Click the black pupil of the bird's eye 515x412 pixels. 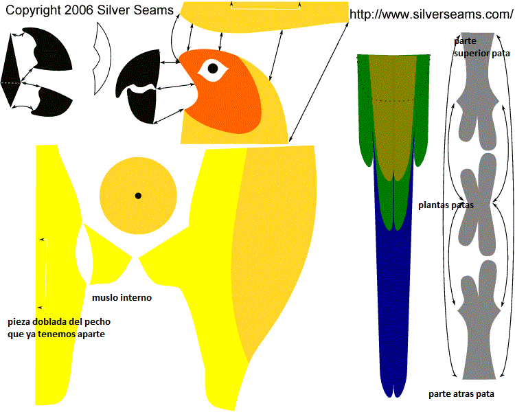coord(213,68)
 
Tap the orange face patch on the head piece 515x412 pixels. coord(233,96)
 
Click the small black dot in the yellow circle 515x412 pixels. coord(138,196)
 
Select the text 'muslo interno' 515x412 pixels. coord(122,298)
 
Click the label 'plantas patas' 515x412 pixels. coord(446,205)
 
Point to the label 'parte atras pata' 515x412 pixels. coord(470,394)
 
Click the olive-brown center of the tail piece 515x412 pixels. coord(393,110)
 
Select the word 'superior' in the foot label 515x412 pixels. coord(474,52)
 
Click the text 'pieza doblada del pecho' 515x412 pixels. coord(59,321)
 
